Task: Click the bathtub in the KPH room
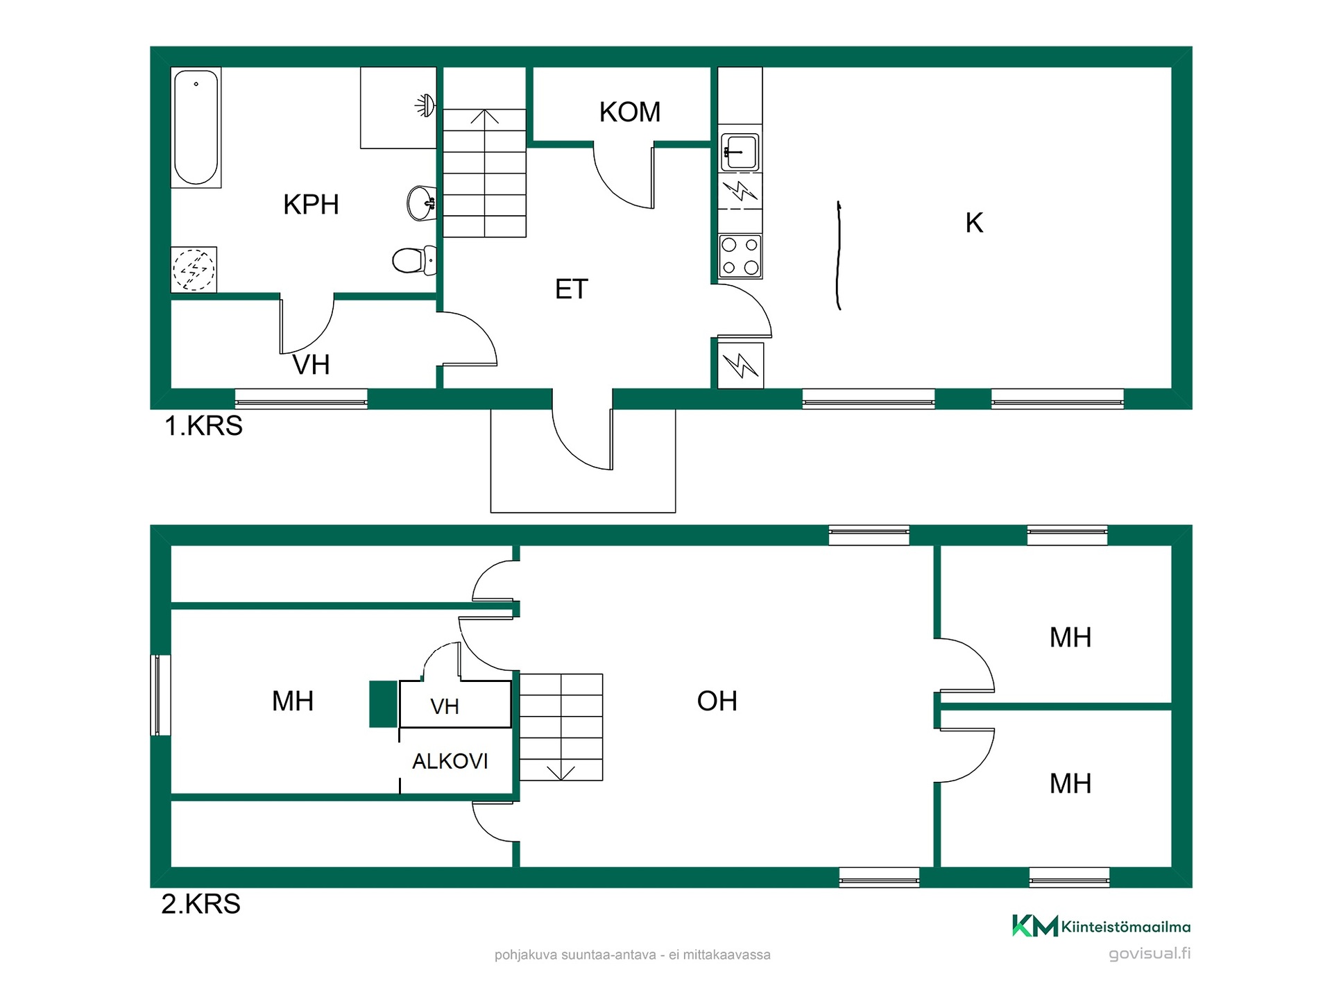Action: pyautogui.click(x=196, y=127)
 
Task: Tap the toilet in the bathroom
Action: pyautogui.click(x=414, y=261)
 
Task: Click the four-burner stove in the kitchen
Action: pyautogui.click(x=740, y=256)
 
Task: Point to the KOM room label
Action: pyautogui.click(x=630, y=112)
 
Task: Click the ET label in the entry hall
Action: pyautogui.click(x=572, y=289)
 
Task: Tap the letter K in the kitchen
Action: pyautogui.click(x=974, y=223)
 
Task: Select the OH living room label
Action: pyautogui.click(x=717, y=701)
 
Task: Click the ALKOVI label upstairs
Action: pyautogui.click(x=450, y=762)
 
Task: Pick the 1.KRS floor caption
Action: pyautogui.click(x=203, y=425)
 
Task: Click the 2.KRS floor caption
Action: pyautogui.click(x=201, y=904)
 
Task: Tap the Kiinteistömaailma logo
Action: pyautogui.click(x=1102, y=926)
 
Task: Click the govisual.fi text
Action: pyautogui.click(x=1150, y=954)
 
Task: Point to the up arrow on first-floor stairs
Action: pyautogui.click(x=484, y=117)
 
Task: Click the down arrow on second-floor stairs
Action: pyautogui.click(x=561, y=772)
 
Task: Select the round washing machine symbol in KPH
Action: pyautogui.click(x=194, y=269)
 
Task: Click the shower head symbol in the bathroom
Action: pyautogui.click(x=425, y=105)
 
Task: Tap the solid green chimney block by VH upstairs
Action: pyautogui.click(x=383, y=704)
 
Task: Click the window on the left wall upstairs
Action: pyautogui.click(x=161, y=695)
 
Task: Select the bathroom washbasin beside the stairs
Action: pyautogui.click(x=422, y=203)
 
